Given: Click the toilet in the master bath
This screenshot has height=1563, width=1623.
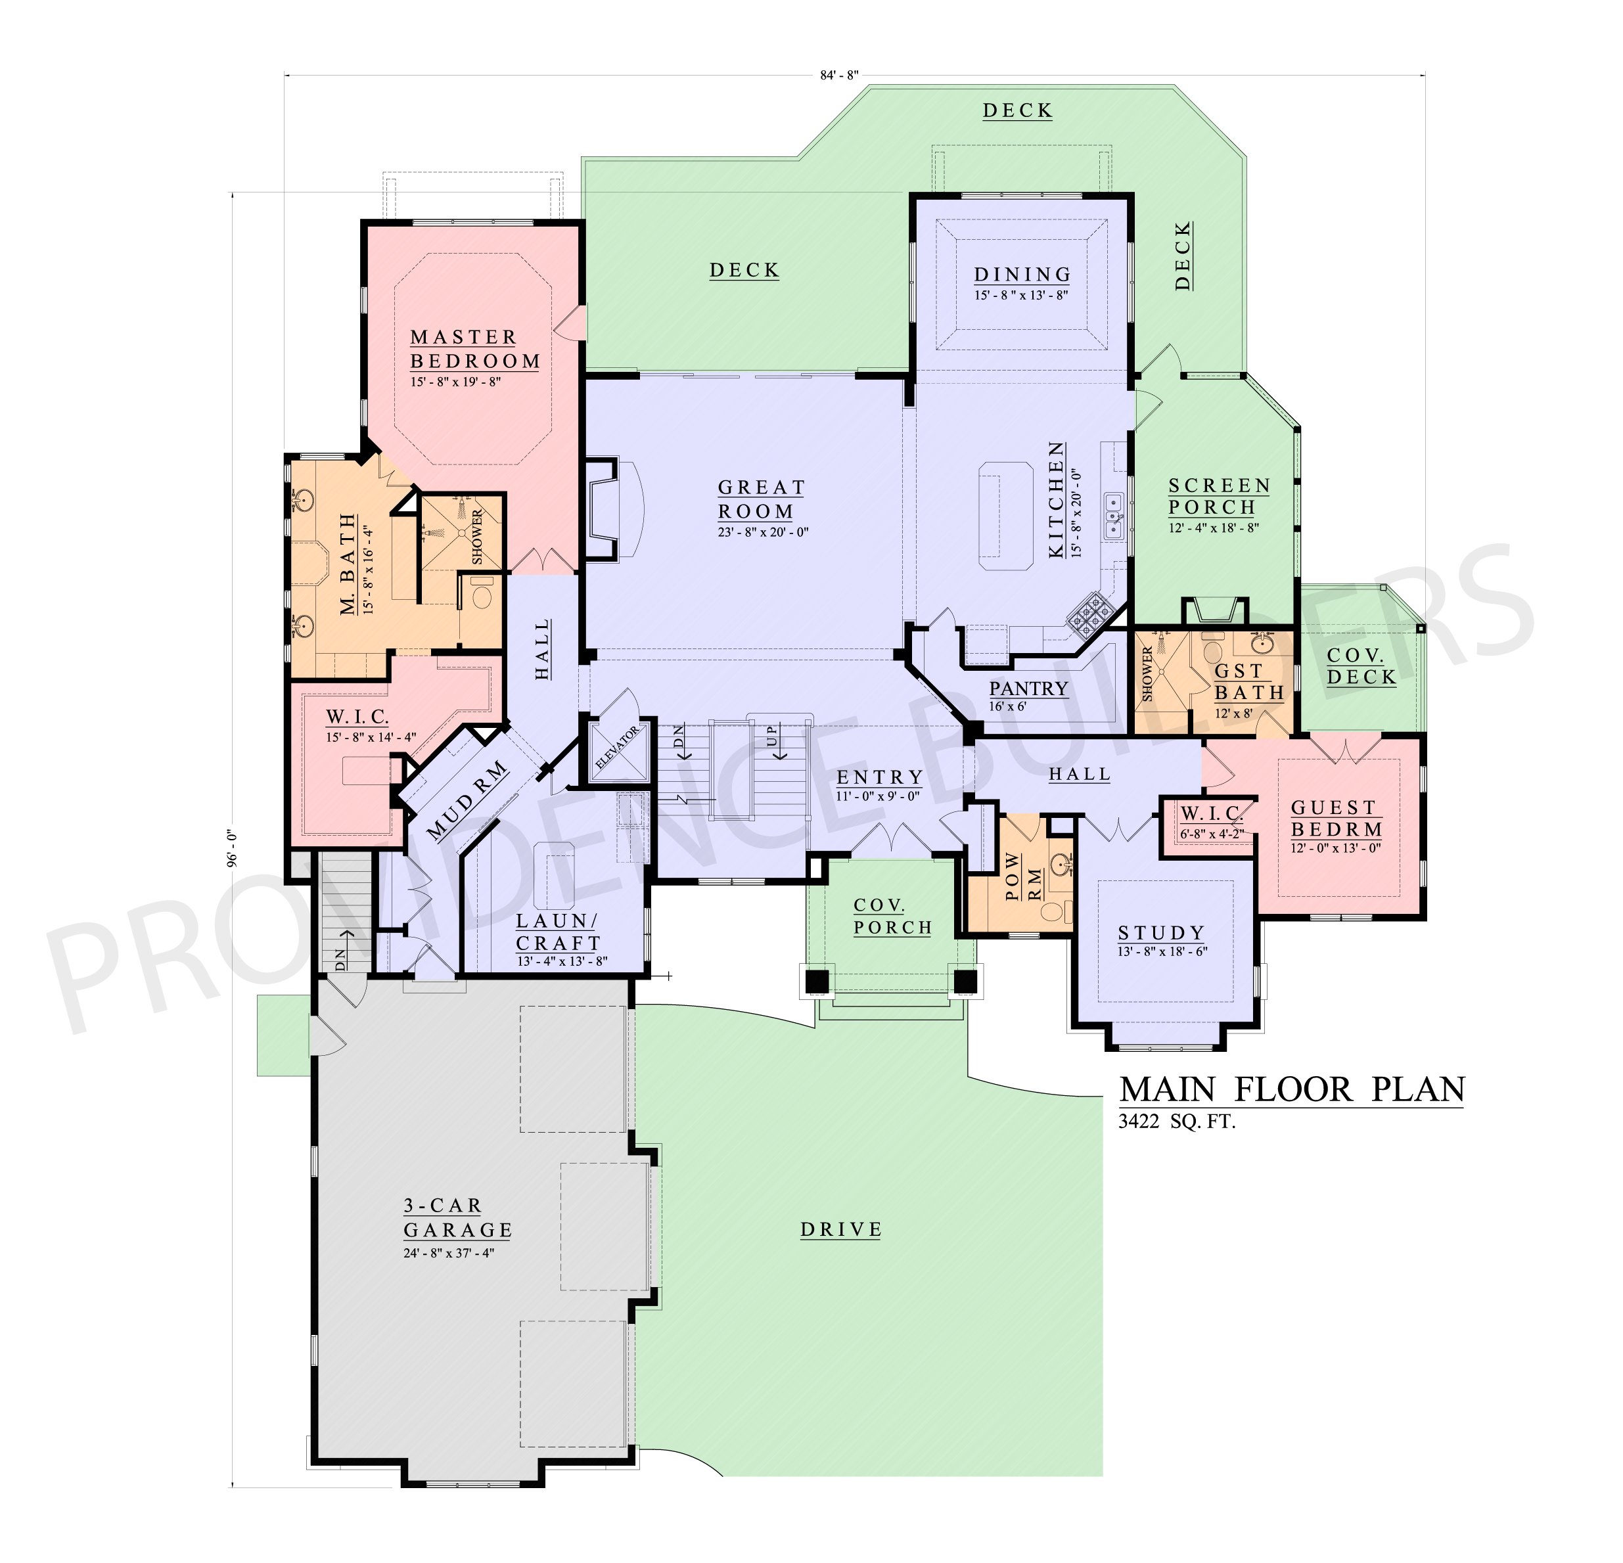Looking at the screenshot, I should pos(481,596).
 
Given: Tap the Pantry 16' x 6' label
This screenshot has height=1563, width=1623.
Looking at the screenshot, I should pos(1028,694).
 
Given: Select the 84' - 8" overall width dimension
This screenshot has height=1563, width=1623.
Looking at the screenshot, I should pos(839,76).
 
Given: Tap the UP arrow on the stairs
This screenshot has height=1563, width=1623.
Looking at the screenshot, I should pos(772,735).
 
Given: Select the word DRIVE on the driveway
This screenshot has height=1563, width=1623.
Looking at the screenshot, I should pos(840,1230).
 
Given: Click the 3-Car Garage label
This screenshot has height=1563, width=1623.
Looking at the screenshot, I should pos(457,1218).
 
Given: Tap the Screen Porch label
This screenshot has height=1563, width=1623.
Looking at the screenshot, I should pos(1218,497).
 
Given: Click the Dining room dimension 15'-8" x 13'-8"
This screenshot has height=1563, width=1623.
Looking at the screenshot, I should pos(1020,296).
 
